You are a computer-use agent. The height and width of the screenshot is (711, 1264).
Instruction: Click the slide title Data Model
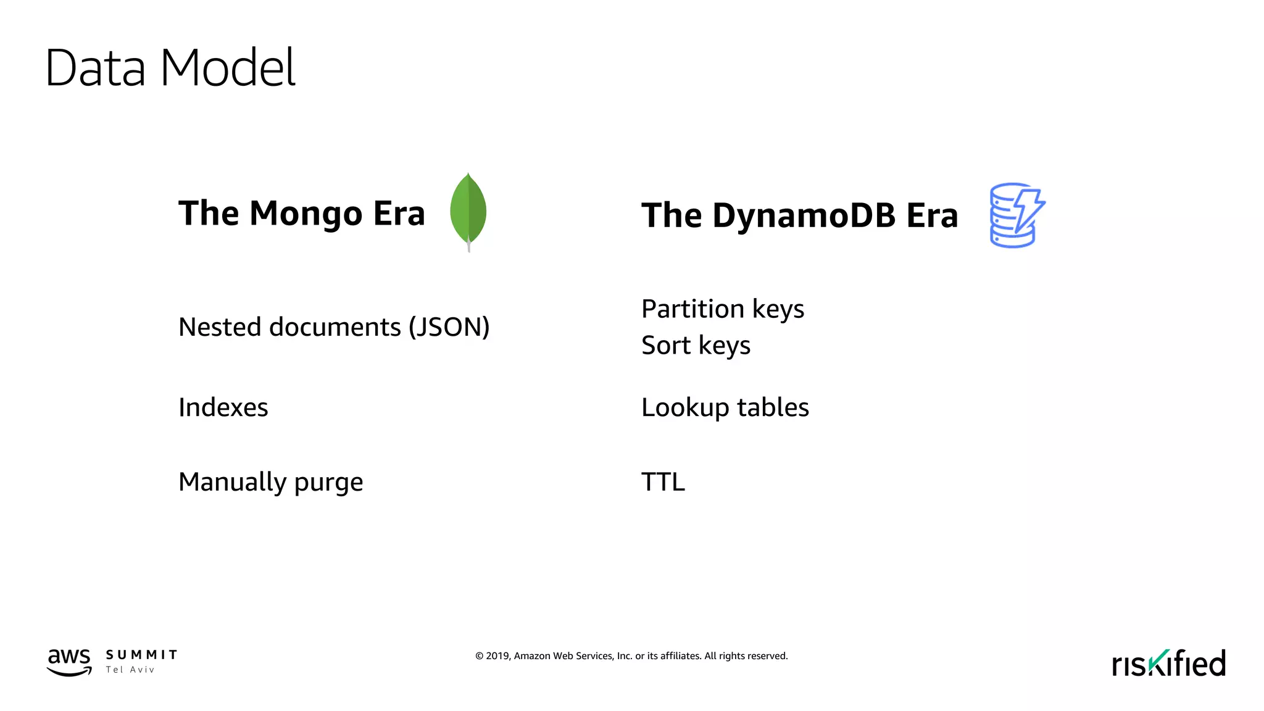(170, 68)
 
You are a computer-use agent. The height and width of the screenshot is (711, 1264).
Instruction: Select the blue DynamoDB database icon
(1016, 215)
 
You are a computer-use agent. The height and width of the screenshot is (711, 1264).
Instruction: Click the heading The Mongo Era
(301, 214)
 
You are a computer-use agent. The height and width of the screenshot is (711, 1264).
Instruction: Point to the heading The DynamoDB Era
(799, 216)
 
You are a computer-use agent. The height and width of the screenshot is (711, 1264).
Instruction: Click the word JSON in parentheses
(449, 327)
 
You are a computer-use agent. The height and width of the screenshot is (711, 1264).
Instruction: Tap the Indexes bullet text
(223, 407)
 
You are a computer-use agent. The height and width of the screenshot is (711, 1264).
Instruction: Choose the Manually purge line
(270, 482)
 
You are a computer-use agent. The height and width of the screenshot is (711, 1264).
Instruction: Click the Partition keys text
(722, 309)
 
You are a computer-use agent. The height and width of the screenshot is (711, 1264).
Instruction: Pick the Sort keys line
(696, 346)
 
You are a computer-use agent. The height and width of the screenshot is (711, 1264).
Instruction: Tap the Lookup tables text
(725, 407)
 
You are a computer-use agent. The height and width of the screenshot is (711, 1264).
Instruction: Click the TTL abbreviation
(663, 482)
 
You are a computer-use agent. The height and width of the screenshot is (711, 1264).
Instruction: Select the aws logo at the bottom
(69, 662)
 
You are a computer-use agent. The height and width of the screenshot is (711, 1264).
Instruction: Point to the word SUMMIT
(141, 655)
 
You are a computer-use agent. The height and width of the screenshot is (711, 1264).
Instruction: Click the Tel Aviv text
(130, 670)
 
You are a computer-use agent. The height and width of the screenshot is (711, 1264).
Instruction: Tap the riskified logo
(1168, 663)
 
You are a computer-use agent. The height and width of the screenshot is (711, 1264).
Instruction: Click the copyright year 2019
(497, 656)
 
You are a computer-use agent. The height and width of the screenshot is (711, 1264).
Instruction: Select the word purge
(328, 483)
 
